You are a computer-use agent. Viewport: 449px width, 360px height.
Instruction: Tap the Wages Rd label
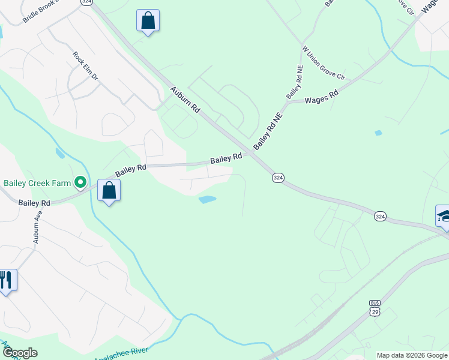[x=322, y=97]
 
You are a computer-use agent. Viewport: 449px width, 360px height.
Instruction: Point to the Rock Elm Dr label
[x=85, y=66]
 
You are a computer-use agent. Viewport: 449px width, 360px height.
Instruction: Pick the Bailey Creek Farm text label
[x=37, y=182]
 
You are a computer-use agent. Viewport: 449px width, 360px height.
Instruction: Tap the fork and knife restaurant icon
[x=6, y=280]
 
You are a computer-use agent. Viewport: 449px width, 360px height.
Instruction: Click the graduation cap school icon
[x=443, y=216]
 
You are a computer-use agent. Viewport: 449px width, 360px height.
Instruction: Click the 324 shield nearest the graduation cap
[x=379, y=215]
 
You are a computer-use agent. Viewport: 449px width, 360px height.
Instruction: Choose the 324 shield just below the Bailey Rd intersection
[x=278, y=178]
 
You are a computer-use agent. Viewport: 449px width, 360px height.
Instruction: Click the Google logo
[x=19, y=353]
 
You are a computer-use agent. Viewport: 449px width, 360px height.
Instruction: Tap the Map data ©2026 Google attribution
[x=412, y=355]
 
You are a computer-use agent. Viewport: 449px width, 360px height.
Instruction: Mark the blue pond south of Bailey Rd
[x=207, y=199]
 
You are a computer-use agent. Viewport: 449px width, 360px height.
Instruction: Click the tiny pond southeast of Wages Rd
[x=378, y=133]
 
